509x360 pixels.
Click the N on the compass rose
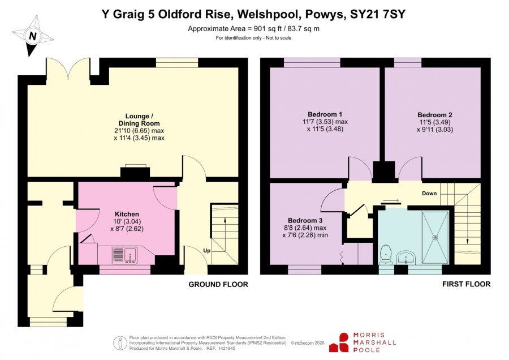[x=32, y=36]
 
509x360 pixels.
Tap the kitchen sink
[x=125, y=255]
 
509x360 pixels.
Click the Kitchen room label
[x=127, y=214]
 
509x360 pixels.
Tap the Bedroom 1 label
[x=325, y=114]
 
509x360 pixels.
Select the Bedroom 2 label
[x=435, y=115]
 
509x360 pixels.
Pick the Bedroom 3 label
[x=305, y=220]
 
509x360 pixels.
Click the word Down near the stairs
[x=429, y=194]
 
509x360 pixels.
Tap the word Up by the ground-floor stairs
[x=206, y=251]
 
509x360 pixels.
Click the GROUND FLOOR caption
[x=218, y=285]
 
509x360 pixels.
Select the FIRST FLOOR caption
[x=466, y=284]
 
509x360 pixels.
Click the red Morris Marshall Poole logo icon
[x=339, y=342]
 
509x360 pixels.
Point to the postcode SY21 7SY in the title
[x=378, y=14]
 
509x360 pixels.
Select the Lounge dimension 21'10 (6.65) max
[x=139, y=131]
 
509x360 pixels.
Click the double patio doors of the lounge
[x=68, y=69]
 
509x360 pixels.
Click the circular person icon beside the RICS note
[x=120, y=343]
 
